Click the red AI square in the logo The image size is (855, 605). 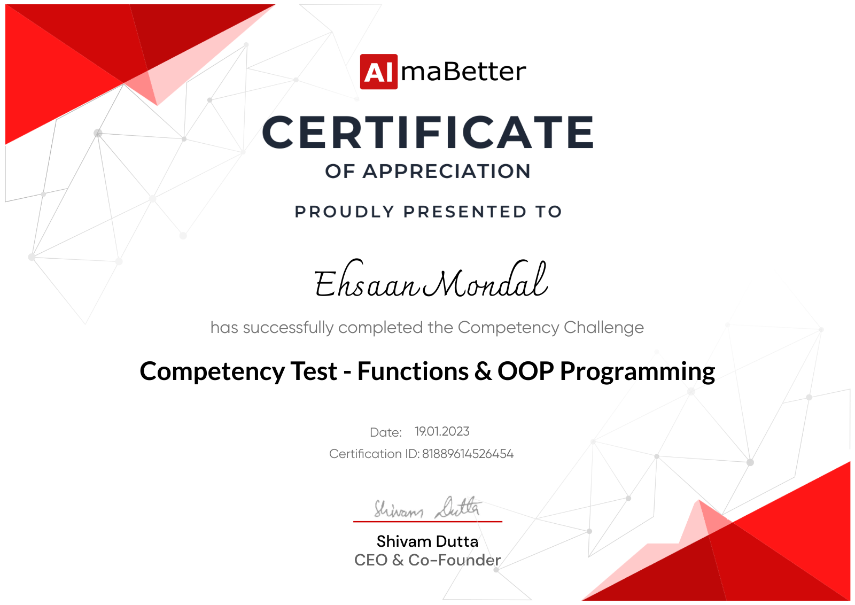pyautogui.click(x=379, y=72)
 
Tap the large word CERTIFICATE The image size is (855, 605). pyautogui.click(x=428, y=132)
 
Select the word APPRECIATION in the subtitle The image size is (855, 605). pyautogui.click(x=447, y=172)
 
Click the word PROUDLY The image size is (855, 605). pyautogui.click(x=344, y=212)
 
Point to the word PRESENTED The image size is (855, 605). pyautogui.click(x=464, y=212)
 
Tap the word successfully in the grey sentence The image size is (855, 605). pyautogui.click(x=288, y=328)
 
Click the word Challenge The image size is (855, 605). pyautogui.click(x=604, y=327)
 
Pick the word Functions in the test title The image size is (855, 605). pyautogui.click(x=413, y=371)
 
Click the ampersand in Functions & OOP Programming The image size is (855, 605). pyautogui.click(x=483, y=371)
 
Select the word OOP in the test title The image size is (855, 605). pyautogui.click(x=526, y=371)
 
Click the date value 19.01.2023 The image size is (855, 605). pyautogui.click(x=442, y=431)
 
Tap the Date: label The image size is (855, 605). pyautogui.click(x=385, y=432)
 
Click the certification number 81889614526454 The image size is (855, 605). pyautogui.click(x=468, y=454)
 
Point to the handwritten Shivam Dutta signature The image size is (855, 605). pyautogui.click(x=428, y=508)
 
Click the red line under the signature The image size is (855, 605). pyautogui.click(x=428, y=522)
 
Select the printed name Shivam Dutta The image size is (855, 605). pyautogui.click(x=427, y=541)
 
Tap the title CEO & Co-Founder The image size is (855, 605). pyautogui.click(x=427, y=560)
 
